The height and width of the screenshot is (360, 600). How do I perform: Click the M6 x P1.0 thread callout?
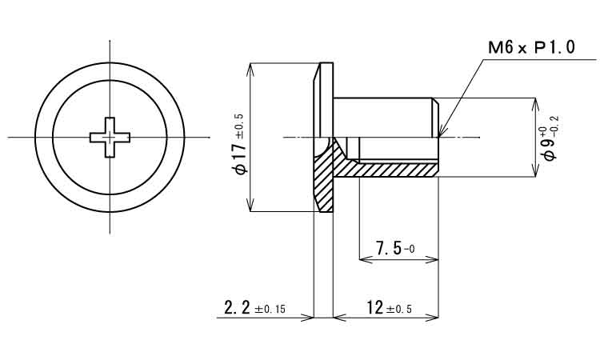[x=531, y=48]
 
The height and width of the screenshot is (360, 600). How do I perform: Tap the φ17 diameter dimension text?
[x=242, y=158]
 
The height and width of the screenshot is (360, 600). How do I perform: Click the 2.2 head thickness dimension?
[x=237, y=307]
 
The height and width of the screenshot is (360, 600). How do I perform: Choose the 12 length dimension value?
[x=375, y=307]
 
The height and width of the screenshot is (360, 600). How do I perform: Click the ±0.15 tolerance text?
[x=270, y=309]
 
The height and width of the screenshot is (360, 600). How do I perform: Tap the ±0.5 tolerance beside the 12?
[x=399, y=309]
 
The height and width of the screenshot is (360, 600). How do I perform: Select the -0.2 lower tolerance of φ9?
[x=555, y=124]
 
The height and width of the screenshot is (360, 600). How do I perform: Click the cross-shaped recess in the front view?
[x=110, y=138]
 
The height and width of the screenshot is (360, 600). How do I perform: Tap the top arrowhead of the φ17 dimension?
[x=250, y=67]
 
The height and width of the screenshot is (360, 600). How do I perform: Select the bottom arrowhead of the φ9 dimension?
[x=535, y=172]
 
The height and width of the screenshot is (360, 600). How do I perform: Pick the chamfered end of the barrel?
[x=435, y=118]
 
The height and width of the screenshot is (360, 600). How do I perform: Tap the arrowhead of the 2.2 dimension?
[x=308, y=317]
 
